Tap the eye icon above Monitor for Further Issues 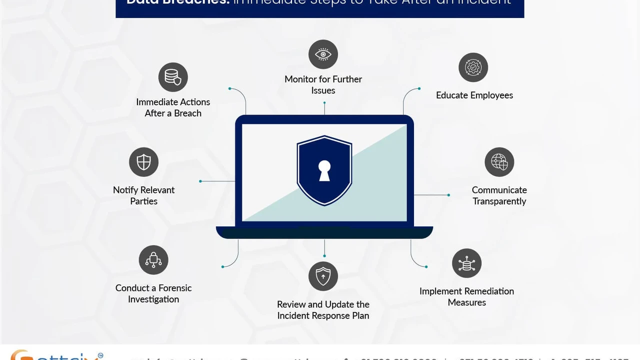(x=323, y=54)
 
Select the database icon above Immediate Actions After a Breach (x=173, y=77)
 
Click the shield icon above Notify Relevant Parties (x=143, y=162)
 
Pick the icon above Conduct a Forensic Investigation (x=153, y=260)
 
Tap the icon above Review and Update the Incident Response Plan (x=323, y=276)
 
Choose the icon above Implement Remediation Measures (x=466, y=263)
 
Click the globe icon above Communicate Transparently (x=499, y=162)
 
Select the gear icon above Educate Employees (x=473, y=67)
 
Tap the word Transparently (x=499, y=201)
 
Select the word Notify (x=125, y=190)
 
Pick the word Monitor (x=301, y=79)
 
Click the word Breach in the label (x=187, y=113)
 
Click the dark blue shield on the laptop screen (x=324, y=150)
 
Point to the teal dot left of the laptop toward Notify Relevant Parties (x=200, y=181)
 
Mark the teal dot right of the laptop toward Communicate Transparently (x=448, y=195)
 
